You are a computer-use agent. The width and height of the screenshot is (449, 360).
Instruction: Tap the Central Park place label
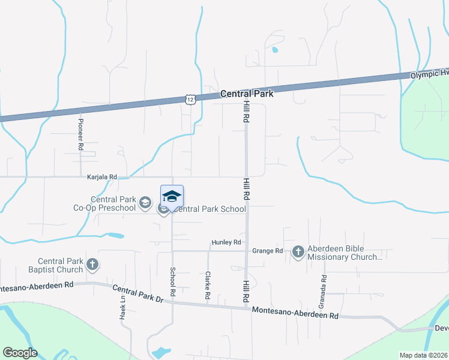(247, 94)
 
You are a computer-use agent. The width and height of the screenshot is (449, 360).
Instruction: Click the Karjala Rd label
(101, 178)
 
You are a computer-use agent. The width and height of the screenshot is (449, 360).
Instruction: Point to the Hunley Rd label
(226, 242)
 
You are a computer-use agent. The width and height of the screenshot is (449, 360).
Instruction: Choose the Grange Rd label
(267, 251)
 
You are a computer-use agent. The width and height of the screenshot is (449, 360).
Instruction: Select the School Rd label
(172, 282)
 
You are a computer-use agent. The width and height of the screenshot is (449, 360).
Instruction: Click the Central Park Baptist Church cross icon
(92, 264)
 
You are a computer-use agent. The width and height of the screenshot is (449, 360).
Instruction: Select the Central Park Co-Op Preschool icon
(144, 203)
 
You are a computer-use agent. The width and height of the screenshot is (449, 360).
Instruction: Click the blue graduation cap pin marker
(172, 197)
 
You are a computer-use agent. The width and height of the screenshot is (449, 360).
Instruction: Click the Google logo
(20, 353)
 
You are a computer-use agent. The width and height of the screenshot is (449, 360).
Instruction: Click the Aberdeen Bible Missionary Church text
(345, 253)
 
